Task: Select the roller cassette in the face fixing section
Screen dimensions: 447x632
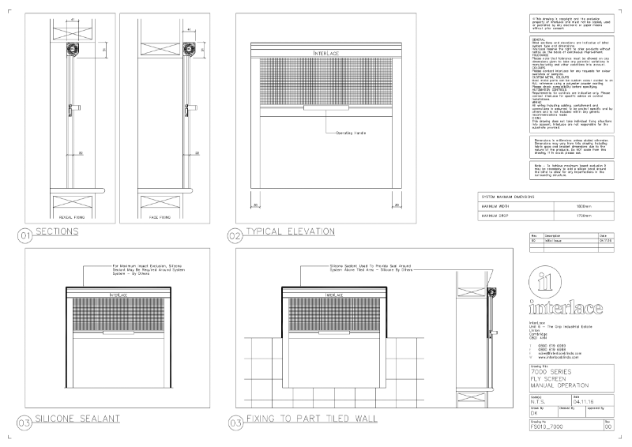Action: tap(190, 50)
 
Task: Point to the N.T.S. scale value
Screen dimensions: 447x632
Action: tap(541, 401)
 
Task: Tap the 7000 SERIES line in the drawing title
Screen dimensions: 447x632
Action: tap(547, 370)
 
